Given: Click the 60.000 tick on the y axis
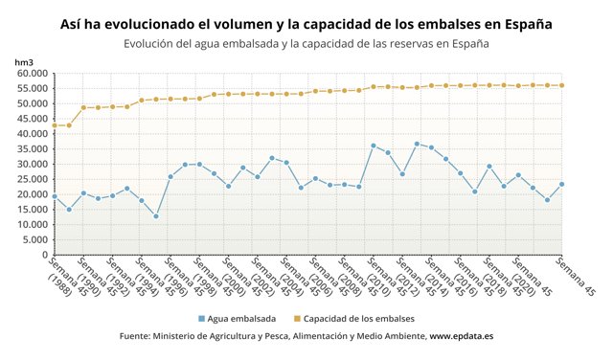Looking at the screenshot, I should click(x=33, y=73).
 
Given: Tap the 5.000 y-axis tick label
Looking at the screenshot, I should click(x=35, y=239).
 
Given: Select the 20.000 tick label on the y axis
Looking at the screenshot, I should click(x=33, y=194).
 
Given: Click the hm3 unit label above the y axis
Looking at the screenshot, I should click(x=24, y=61).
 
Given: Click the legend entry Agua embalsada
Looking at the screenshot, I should click(x=241, y=318).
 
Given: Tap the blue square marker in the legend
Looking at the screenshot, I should click(x=202, y=318).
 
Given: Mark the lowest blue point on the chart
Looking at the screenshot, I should click(x=155, y=216).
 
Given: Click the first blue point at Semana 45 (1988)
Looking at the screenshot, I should click(x=55, y=196).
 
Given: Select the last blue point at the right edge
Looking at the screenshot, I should click(x=561, y=184).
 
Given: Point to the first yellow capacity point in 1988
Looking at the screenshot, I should click(x=55, y=125).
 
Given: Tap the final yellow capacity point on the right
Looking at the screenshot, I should click(x=561, y=85).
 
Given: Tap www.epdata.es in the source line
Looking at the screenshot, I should click(x=461, y=337).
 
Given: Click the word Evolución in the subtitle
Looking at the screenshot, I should click(x=152, y=44).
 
